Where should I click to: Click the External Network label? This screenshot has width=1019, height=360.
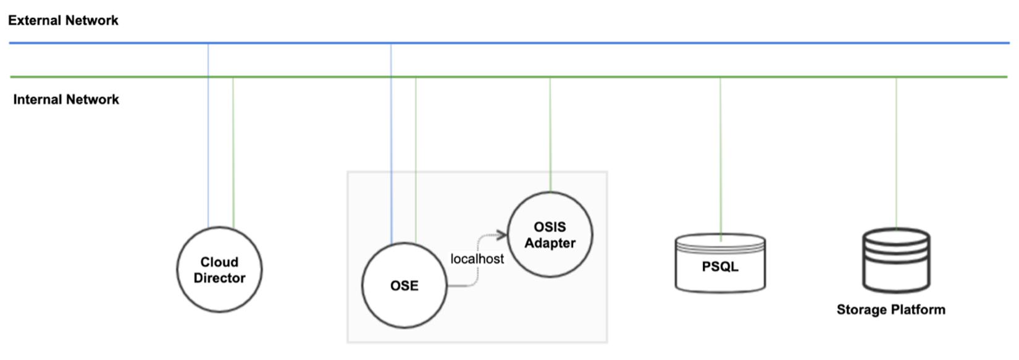click(x=63, y=20)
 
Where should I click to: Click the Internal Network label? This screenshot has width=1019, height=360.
click(x=66, y=99)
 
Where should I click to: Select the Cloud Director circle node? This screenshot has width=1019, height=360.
click(x=219, y=270)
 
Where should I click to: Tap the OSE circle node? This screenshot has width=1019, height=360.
click(x=404, y=285)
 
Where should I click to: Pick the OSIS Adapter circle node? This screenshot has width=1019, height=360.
click(x=550, y=235)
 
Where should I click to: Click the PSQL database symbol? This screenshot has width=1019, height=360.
click(x=720, y=264)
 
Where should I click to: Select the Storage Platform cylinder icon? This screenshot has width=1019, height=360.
click(x=896, y=261)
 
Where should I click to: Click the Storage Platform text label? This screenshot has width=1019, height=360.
click(x=891, y=309)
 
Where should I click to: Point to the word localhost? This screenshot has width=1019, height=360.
click(x=477, y=259)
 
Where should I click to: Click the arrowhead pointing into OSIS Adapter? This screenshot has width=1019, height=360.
click(x=502, y=235)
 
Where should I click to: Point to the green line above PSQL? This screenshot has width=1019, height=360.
click(x=720, y=154)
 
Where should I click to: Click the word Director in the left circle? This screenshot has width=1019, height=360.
click(x=219, y=278)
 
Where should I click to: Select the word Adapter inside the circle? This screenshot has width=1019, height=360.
click(x=550, y=243)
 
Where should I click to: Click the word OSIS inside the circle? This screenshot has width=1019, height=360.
click(x=550, y=227)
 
